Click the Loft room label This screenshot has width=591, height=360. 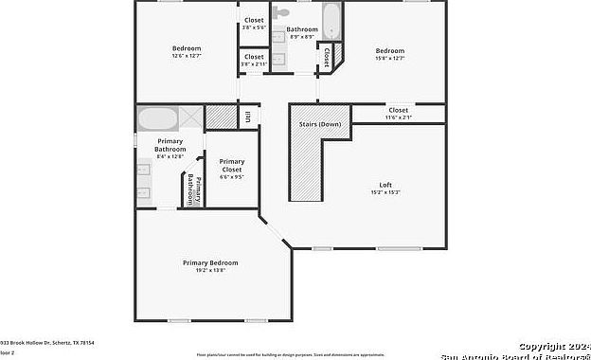[385, 185]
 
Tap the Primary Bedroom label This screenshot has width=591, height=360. [210, 262]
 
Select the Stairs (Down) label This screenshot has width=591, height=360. [320, 124]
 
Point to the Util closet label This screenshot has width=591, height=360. [248, 117]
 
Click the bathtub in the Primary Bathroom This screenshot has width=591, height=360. [157, 120]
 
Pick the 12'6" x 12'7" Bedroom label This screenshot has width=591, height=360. [186, 48]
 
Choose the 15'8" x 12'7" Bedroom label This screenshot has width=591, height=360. [389, 50]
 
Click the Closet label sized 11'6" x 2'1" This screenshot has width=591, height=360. [398, 111]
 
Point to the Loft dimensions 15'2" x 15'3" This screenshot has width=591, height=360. [385, 192]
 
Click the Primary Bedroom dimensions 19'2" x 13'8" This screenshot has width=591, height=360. [210, 270]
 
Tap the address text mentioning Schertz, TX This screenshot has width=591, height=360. [46, 342]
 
